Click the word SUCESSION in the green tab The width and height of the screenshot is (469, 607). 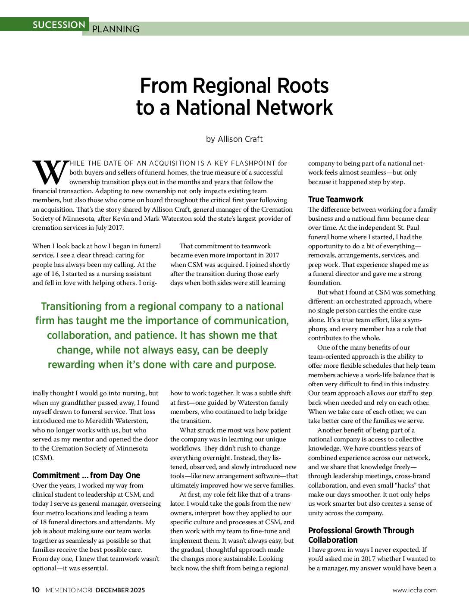click(59, 25)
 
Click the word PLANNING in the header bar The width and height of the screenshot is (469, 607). click(116, 29)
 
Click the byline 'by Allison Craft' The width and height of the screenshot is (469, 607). click(234, 139)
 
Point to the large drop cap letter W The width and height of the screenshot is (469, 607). click(50, 172)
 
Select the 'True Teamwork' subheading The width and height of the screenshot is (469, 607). click(335, 199)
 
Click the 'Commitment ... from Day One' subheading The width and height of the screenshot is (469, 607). click(86, 475)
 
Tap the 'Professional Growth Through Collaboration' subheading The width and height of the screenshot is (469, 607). click(361, 535)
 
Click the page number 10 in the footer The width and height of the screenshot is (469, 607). click(36, 590)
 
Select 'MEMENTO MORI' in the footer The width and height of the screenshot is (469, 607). click(69, 590)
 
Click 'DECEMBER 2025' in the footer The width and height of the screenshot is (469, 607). click(120, 590)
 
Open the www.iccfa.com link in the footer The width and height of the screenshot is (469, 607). click(414, 590)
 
